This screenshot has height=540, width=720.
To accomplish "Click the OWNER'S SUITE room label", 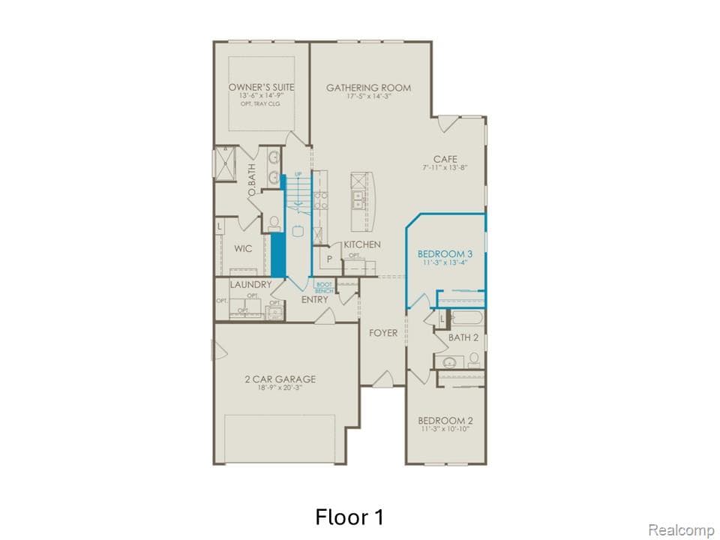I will click(x=261, y=88).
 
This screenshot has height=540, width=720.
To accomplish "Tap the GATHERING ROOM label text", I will click(x=368, y=88).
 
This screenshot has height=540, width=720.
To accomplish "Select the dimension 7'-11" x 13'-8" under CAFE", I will click(x=445, y=168).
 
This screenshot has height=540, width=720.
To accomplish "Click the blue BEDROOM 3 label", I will click(x=445, y=253).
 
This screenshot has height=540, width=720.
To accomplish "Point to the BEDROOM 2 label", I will click(x=445, y=420).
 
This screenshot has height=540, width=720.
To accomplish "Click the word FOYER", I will click(x=383, y=333).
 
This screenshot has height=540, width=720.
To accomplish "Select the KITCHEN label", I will click(x=362, y=244).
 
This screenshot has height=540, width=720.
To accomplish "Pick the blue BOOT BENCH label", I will click(x=324, y=287).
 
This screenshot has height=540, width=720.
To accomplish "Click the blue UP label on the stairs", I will click(x=298, y=174).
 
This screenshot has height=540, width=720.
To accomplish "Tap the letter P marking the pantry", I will click(x=328, y=259).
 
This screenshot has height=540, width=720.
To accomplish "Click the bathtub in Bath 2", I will click(x=460, y=301).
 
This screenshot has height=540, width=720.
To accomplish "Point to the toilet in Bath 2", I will click(x=474, y=358).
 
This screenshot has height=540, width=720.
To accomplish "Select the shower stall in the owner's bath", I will click(x=224, y=164).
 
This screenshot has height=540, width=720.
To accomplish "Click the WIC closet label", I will click(x=242, y=248).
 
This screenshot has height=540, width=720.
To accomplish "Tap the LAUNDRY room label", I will click(x=250, y=285).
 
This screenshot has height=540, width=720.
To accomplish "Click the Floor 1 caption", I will click(x=349, y=517).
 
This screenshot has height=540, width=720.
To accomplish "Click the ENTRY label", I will click(x=315, y=300).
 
